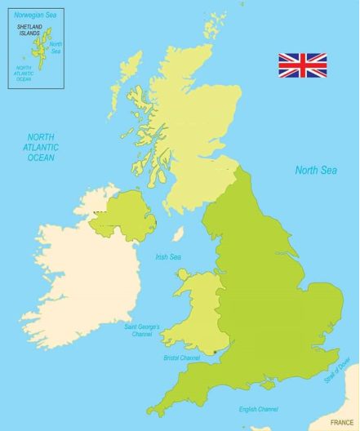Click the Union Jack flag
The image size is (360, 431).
click(302, 65)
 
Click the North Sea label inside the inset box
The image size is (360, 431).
click(56, 47)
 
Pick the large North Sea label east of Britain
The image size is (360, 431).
click(316, 171)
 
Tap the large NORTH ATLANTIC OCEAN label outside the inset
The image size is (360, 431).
click(42, 148)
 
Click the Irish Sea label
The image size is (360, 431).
click(168, 257)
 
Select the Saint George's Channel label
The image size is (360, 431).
click(142, 330)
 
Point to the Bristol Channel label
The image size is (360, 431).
click(181, 358)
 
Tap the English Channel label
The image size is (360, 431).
click(258, 409)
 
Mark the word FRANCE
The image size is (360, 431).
click(342, 422)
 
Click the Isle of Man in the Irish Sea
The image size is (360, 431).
click(177, 234)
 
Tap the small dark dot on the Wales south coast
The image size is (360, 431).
click(215, 353)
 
